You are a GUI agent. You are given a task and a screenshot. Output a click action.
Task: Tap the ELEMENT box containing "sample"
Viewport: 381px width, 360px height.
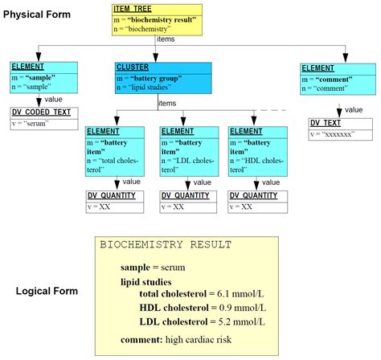pos(44,77)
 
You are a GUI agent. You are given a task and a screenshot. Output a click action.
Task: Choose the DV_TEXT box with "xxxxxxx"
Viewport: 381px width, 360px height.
pos(341,129)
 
